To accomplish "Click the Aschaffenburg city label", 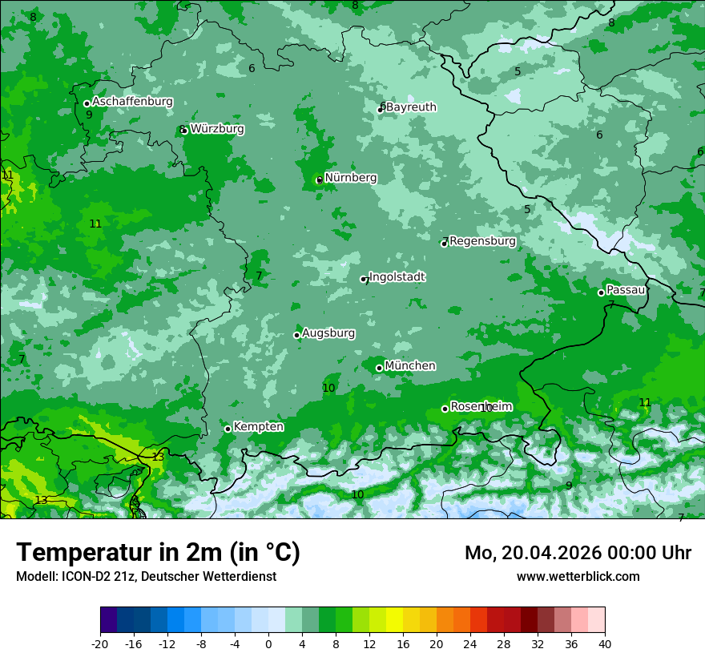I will (132, 102).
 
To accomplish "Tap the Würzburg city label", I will (217, 128).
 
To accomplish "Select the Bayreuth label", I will (411, 107).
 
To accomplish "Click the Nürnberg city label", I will (350, 177).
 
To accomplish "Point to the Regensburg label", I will (482, 240).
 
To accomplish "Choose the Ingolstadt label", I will (397, 276).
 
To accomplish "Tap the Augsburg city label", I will (328, 332).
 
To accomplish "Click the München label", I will (410, 365).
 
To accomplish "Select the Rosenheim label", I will (481, 406).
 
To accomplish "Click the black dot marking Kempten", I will (228, 429).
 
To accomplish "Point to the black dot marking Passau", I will (601, 292).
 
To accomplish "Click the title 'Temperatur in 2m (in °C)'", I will (158, 553).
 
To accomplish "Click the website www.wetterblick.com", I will (578, 576).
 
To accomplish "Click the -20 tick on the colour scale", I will (100, 643).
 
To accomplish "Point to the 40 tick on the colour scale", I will (605, 643).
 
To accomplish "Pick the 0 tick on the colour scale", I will (268, 643).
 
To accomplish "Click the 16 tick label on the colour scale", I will (403, 643).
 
